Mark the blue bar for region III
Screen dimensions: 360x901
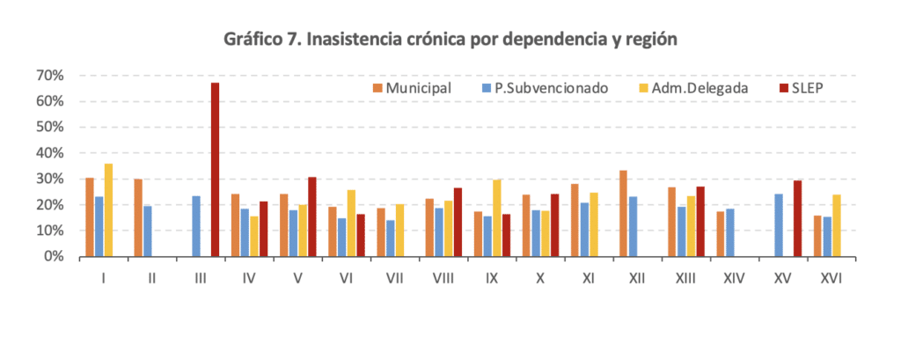point(196,226)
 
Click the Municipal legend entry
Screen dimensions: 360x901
point(412,88)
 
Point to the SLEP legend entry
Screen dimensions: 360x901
point(800,88)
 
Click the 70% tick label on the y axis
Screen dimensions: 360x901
point(50,76)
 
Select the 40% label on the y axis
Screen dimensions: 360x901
point(50,153)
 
